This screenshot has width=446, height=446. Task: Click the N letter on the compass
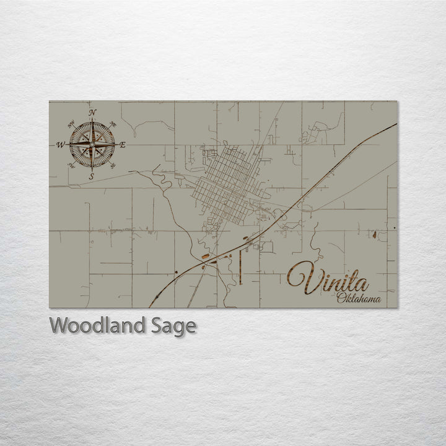point(92,113)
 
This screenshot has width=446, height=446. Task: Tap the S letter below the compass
point(92,177)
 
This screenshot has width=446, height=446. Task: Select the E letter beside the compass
point(122,144)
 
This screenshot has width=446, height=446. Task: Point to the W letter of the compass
point(61,145)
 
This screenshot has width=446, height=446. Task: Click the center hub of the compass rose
point(92,144)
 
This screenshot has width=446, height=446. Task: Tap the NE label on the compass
point(112,123)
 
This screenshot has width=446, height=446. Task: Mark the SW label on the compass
point(71,165)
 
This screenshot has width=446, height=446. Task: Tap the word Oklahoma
point(360,300)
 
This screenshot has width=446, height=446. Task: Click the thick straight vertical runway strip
point(239,266)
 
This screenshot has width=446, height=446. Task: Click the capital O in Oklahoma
point(342,300)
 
